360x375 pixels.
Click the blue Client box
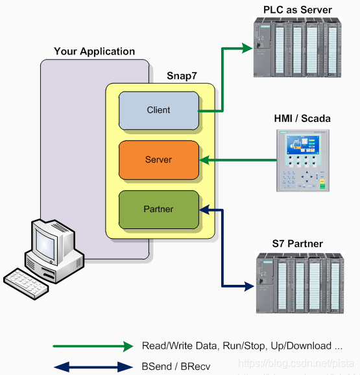pyautogui.click(x=159, y=110)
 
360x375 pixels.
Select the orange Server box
pyautogui.click(x=159, y=160)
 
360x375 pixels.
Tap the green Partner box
pyautogui.click(x=159, y=209)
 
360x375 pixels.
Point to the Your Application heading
pyautogui.click(x=95, y=51)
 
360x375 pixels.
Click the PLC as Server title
pyautogui.click(x=298, y=10)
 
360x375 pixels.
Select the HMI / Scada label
pyautogui.click(x=302, y=119)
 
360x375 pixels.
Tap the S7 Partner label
pyautogui.click(x=298, y=244)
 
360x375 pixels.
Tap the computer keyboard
pyautogui.click(x=26, y=284)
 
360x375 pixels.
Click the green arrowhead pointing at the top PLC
pyautogui.click(x=247, y=47)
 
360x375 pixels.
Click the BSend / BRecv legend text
pyautogui.click(x=176, y=367)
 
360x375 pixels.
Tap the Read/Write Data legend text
pyautogui.click(x=242, y=346)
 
